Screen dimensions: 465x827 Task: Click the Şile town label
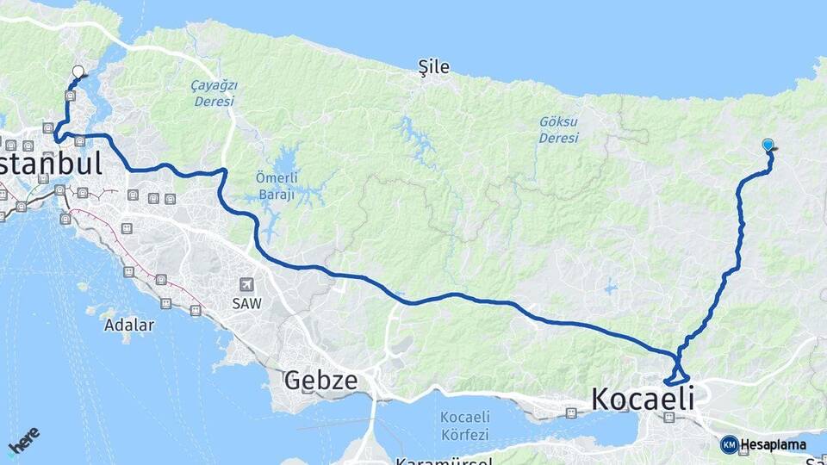(433, 67)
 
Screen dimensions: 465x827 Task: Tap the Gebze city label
(320, 380)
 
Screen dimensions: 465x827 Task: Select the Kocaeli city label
(643, 400)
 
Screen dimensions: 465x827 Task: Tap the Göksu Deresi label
(558, 130)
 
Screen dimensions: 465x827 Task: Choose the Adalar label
(128, 325)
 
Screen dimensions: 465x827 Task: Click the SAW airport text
(246, 303)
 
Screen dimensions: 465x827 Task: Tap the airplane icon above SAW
(247, 285)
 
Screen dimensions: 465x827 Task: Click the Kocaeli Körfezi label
(464, 425)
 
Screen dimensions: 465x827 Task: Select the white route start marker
(78, 72)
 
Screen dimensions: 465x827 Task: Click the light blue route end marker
(768, 146)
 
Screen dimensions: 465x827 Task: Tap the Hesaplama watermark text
(774, 445)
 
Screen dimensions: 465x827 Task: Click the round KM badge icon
(730, 445)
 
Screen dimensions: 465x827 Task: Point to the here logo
(23, 440)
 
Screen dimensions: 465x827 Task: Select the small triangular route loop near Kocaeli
(677, 376)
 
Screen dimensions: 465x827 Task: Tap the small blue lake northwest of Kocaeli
(611, 288)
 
